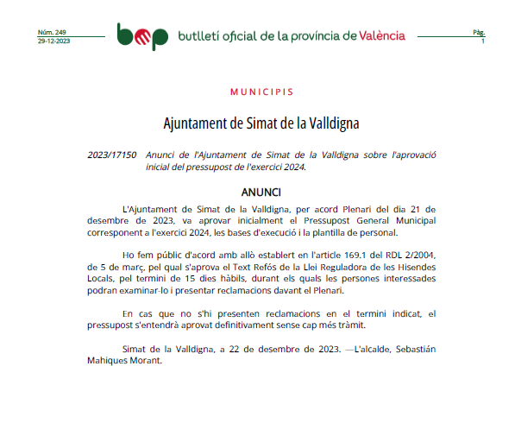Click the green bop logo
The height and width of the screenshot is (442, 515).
[x=142, y=35]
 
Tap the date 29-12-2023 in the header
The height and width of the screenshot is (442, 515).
[x=54, y=41]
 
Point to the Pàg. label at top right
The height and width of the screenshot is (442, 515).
[x=479, y=32]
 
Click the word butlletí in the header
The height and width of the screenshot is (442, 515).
[x=198, y=35]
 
